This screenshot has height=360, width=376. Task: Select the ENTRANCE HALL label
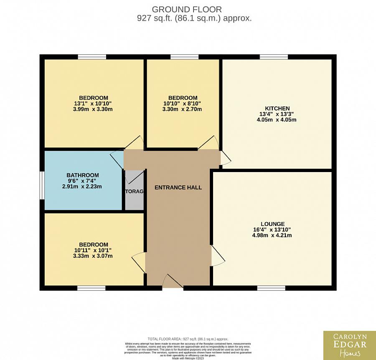click(178, 188)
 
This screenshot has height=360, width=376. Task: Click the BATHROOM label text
click(83, 175)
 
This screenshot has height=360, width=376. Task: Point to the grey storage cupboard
click(134, 190)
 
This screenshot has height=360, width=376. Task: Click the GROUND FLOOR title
click(187, 9)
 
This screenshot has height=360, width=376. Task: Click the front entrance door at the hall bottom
click(173, 282)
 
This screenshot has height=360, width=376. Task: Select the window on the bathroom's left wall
click(42, 185)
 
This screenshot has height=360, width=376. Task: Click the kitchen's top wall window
click(274, 57)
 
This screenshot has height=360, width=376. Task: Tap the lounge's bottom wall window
click(271, 288)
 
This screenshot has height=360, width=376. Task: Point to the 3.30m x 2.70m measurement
click(182, 109)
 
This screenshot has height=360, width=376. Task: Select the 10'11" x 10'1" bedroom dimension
click(93, 250)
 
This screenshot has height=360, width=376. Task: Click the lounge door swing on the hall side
click(216, 256)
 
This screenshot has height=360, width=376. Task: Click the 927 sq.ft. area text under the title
click(194, 18)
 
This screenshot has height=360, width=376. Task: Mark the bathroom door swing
click(117, 159)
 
